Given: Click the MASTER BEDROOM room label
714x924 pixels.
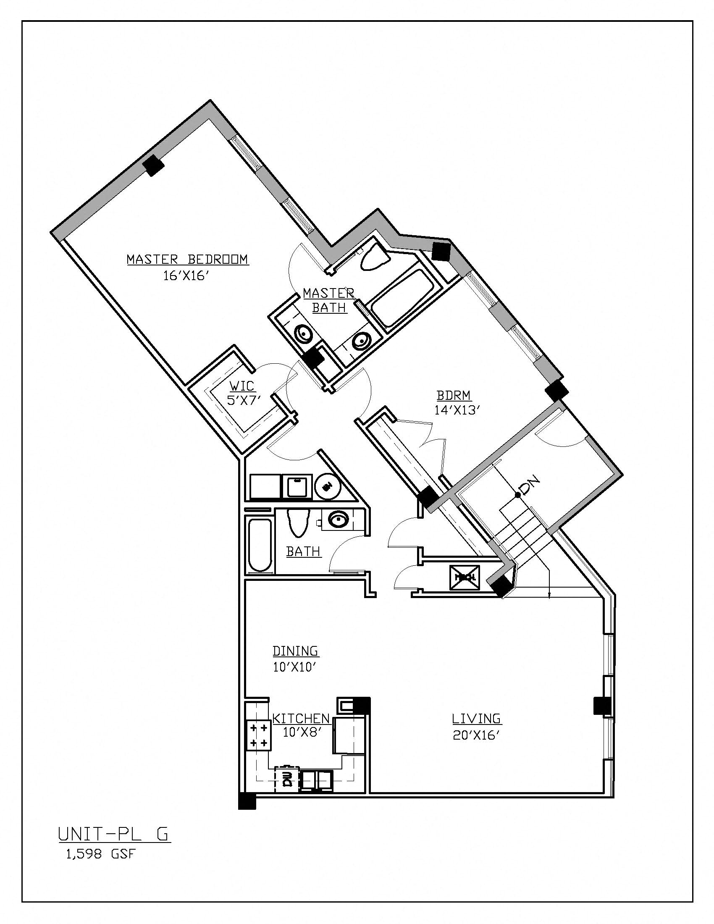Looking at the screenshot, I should click(187, 259).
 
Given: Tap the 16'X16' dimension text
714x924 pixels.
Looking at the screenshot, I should click(186, 276).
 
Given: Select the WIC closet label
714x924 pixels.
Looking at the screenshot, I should click(242, 386).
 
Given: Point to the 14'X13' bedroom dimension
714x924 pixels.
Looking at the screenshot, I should click(457, 409).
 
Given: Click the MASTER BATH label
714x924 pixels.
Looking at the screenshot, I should click(329, 300).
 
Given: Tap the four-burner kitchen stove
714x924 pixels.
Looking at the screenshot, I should click(258, 735).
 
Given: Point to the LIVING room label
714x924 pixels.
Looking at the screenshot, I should click(476, 718).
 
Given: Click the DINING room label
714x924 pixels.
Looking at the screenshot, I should click(295, 650).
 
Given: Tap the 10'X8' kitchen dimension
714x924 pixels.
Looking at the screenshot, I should click(300, 732).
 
